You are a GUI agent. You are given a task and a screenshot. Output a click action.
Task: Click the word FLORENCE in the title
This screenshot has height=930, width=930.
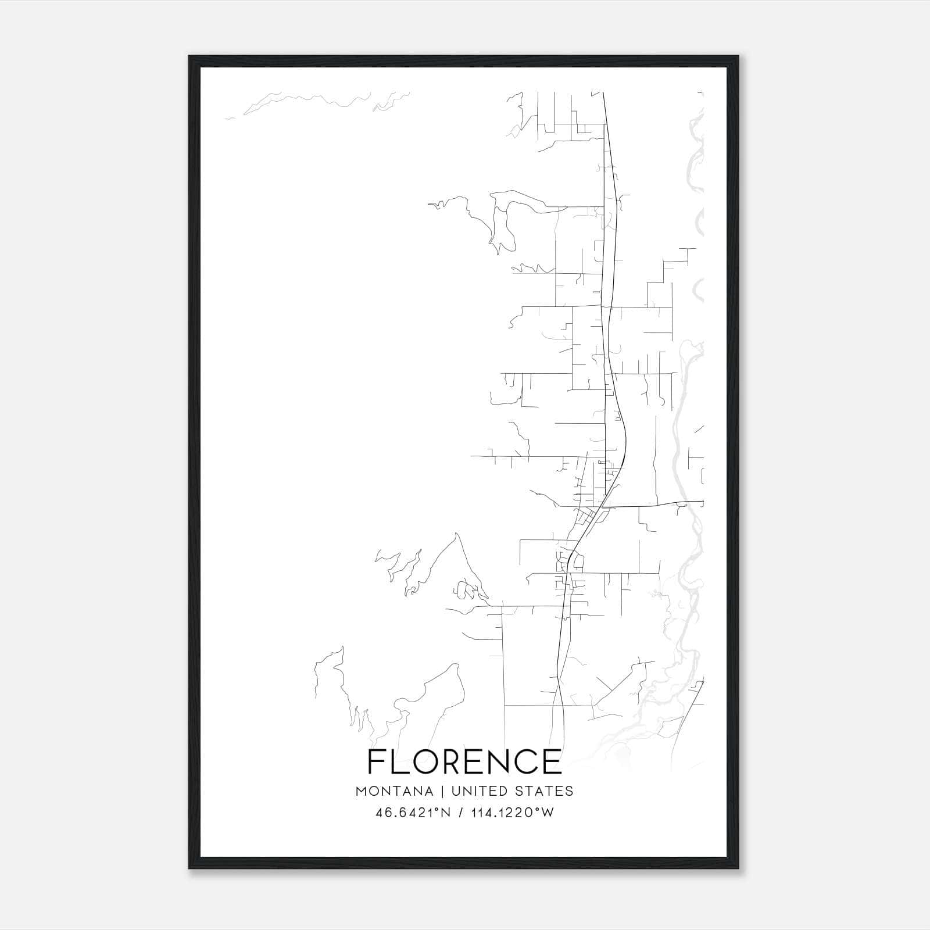464,761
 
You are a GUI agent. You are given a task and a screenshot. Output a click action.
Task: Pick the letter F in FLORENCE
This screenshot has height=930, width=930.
377,761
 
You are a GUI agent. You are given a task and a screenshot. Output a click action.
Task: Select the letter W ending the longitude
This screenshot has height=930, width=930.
548,813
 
